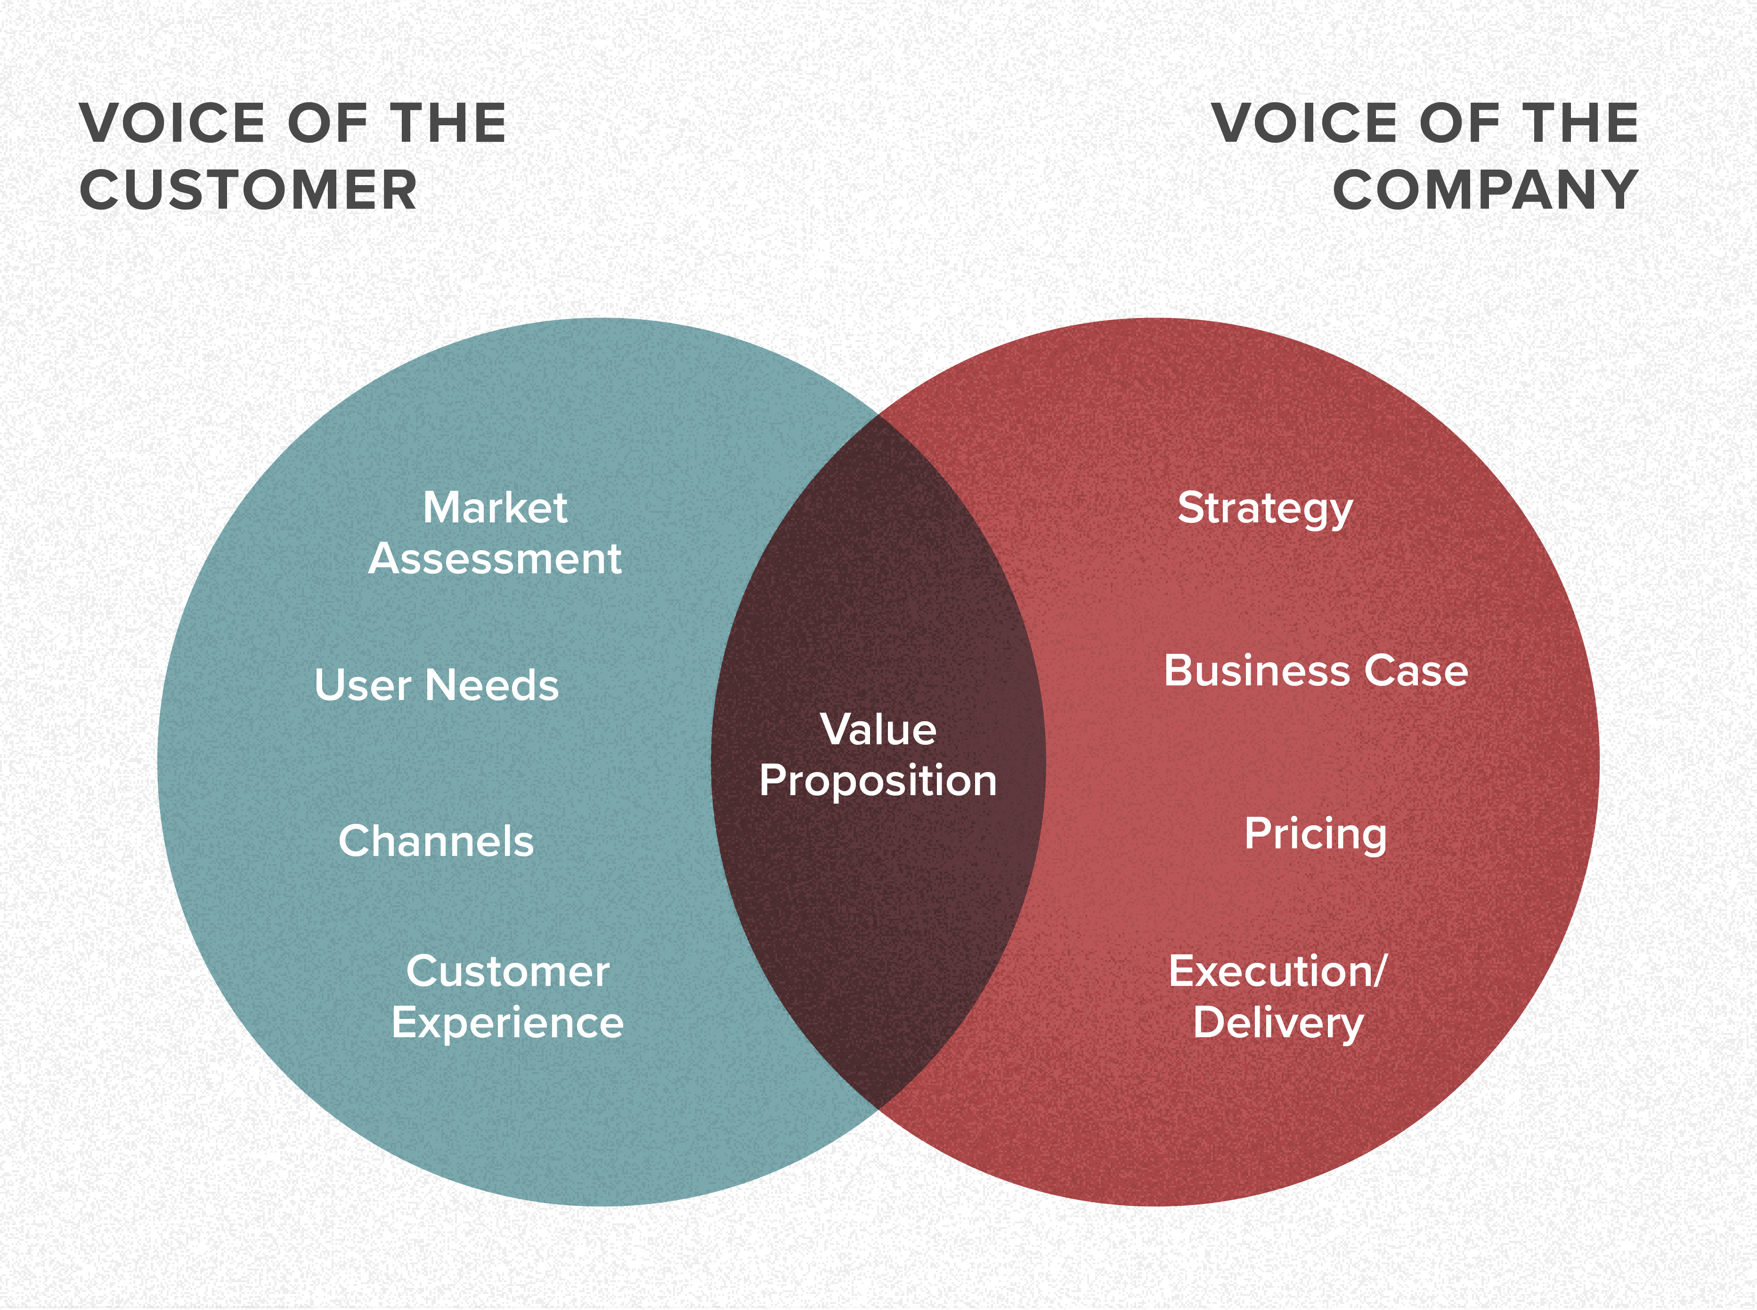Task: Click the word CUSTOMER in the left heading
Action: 248,191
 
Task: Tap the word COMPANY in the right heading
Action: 1485,191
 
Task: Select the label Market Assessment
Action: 495,533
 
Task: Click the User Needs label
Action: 436,685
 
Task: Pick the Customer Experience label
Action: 507,997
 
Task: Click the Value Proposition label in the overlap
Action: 878,755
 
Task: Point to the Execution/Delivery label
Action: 1278,997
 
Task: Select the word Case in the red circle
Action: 1416,671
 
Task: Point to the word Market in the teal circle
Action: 495,507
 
